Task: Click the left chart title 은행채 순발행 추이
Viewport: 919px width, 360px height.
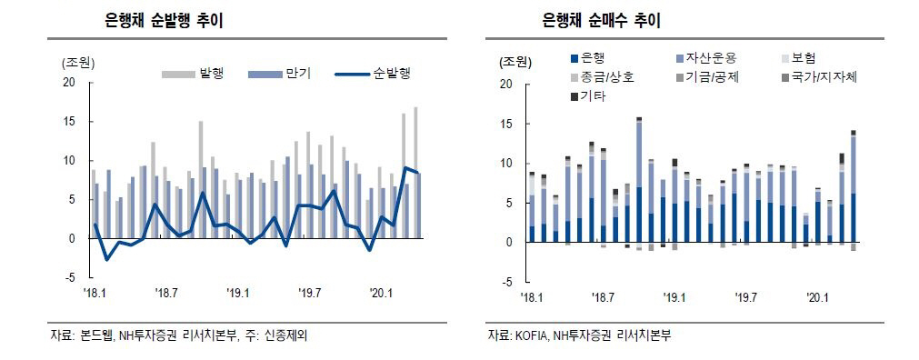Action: coord(164,20)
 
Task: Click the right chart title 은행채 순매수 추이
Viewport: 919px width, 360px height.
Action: coord(600,20)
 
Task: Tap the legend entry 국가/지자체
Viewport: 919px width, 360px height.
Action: coord(824,77)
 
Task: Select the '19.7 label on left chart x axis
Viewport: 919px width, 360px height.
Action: coord(310,293)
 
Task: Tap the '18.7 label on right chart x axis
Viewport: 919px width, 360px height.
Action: coord(603,297)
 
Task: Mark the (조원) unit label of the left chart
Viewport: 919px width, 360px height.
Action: coord(78,64)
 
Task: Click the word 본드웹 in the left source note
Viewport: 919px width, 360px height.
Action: coord(97,336)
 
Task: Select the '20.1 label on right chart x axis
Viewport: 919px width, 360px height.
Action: coord(817,297)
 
